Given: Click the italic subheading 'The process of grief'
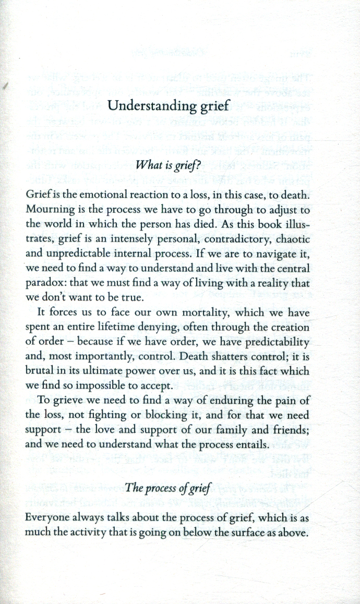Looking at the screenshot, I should [x=166, y=489].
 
